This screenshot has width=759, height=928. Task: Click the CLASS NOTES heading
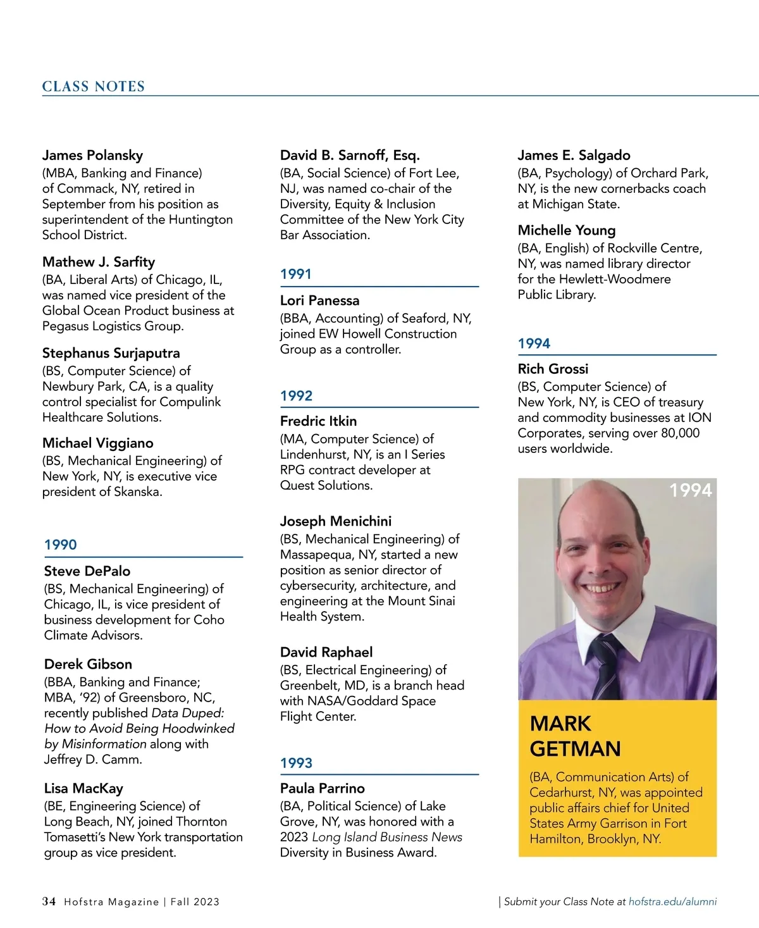[94, 87]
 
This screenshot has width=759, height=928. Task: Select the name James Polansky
[92, 155]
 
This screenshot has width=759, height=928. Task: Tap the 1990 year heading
[60, 545]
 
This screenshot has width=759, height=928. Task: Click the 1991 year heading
[296, 274]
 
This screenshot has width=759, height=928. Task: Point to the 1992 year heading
[296, 395]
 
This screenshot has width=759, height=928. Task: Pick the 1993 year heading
[296, 763]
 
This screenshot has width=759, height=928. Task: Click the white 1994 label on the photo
[690, 490]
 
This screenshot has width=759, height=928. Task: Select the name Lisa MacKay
[83, 788]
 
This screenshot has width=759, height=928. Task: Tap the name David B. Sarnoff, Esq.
[350, 155]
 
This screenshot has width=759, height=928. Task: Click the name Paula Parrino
[323, 788]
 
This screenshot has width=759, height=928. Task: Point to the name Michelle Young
[566, 230]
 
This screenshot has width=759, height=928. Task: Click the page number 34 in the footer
[49, 901]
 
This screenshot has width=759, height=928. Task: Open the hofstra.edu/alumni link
[672, 902]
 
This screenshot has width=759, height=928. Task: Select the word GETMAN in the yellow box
[575, 749]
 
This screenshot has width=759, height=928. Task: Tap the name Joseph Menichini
[335, 521]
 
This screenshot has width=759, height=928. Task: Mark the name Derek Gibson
[88, 664]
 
